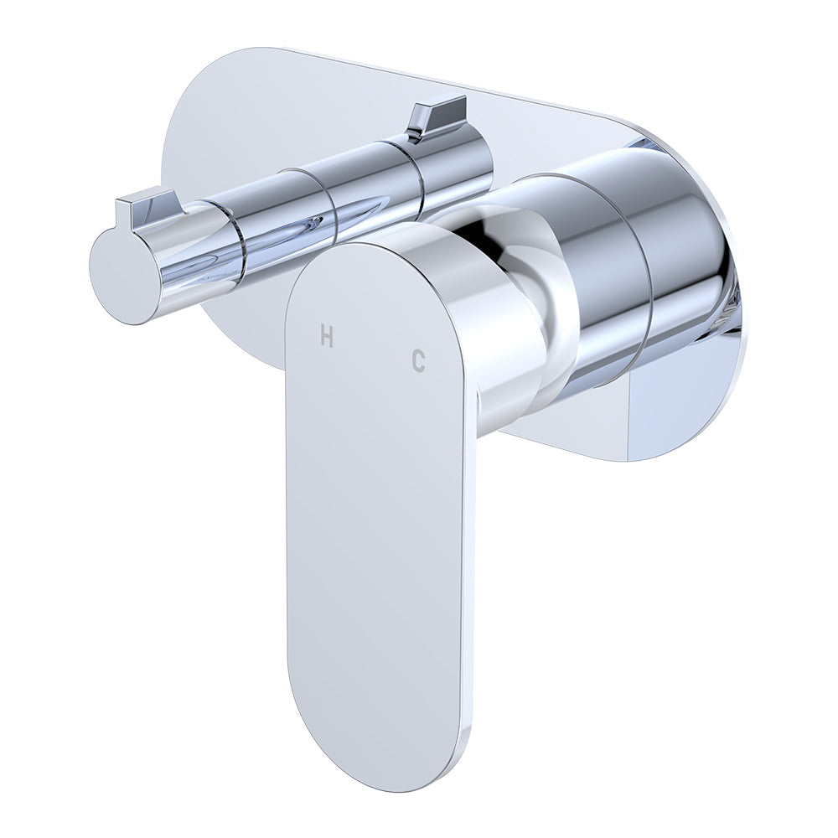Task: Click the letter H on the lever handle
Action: point(327,337)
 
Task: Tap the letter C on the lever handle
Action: point(418,360)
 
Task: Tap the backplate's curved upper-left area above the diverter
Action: point(218,109)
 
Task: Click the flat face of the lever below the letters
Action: point(377,545)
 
